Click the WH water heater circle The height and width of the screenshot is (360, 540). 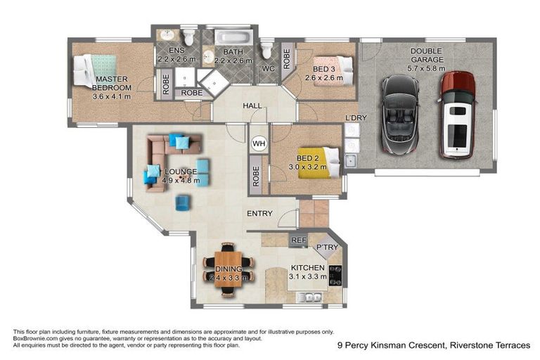pyautogui.click(x=258, y=143)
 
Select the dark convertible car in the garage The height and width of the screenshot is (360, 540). pyautogui.click(x=399, y=117)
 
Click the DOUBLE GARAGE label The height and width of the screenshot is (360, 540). pyautogui.click(x=427, y=56)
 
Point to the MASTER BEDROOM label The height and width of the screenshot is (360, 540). pyautogui.click(x=112, y=84)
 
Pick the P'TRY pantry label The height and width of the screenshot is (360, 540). pyautogui.click(x=327, y=247)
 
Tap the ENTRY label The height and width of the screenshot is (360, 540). pyautogui.click(x=259, y=213)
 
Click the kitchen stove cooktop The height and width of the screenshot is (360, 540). pyautogui.click(x=335, y=275)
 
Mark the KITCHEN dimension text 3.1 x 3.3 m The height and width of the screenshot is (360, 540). pyautogui.click(x=308, y=277)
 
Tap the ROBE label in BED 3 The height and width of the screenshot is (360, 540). pyautogui.click(x=287, y=56)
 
